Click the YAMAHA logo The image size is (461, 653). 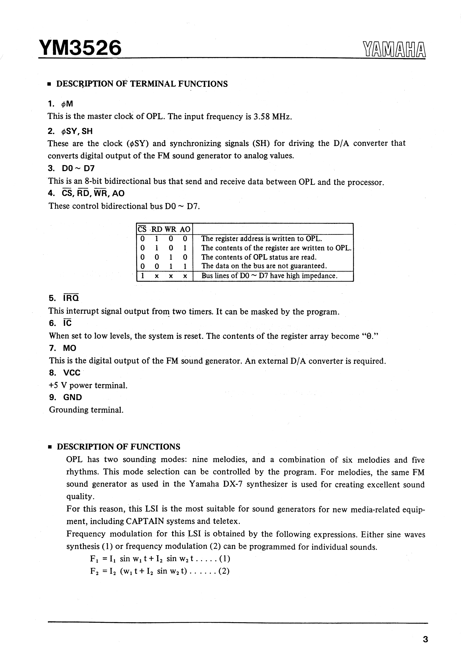(394, 49)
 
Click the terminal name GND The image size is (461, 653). (72, 397)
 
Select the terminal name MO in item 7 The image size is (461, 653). (70, 348)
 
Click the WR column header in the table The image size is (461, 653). (170, 229)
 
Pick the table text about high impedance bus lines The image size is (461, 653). (269, 276)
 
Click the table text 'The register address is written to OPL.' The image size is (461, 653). (261, 239)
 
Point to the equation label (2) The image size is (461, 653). (224, 572)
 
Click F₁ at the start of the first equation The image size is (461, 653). (94, 559)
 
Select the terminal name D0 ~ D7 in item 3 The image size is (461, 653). (78, 168)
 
